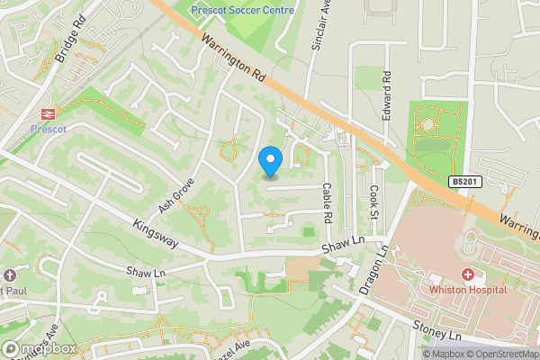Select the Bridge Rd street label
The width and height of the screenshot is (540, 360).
click(69, 42)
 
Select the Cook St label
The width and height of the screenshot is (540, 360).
click(374, 202)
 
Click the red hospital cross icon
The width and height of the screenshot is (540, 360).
click(468, 273)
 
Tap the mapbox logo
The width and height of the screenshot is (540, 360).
click(38, 348)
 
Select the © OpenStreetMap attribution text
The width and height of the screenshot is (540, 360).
click(491, 353)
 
